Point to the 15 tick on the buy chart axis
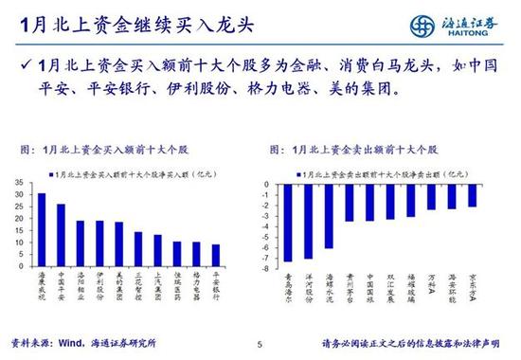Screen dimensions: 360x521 pos(19,231)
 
